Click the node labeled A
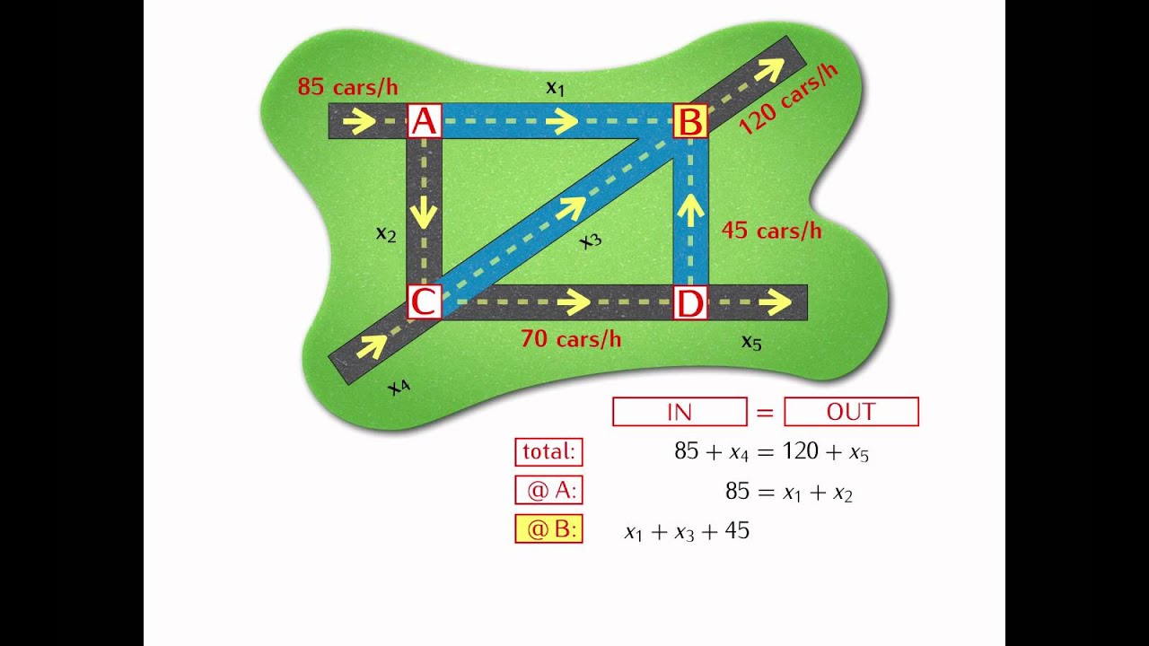425,121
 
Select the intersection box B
689,121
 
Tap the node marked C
425,302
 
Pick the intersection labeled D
689,302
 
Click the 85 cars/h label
347,87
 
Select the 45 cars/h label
771,231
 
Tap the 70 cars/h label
571,339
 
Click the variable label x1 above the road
556,87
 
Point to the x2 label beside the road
386,234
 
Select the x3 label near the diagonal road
590,240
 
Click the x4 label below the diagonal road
399,387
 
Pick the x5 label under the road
751,341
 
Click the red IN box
680,412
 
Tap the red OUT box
851,412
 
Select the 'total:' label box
548,451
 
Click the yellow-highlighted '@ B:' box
548,529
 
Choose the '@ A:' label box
548,491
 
